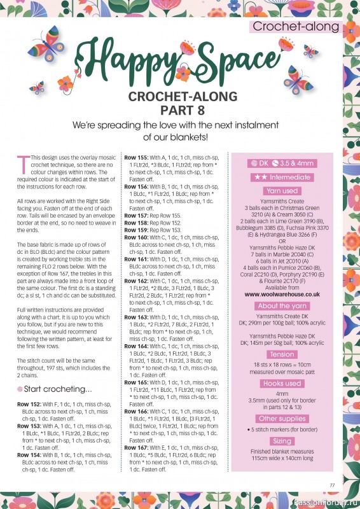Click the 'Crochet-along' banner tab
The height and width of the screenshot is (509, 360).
click(x=295, y=27)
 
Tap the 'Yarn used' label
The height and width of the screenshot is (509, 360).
click(x=282, y=190)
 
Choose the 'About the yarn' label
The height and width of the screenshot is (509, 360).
click(x=282, y=306)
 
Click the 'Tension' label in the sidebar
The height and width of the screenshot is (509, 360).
click(x=282, y=354)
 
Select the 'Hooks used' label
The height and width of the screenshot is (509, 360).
click(x=282, y=384)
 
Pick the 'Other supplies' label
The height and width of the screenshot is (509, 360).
click(x=282, y=418)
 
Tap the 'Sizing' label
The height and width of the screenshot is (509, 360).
click(x=282, y=441)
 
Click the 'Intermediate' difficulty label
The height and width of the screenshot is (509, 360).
click(x=282, y=177)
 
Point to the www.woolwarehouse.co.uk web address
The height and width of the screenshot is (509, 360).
click(x=282, y=295)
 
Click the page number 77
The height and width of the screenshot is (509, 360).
click(x=331, y=485)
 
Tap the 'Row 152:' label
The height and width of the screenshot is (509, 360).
click(x=29, y=405)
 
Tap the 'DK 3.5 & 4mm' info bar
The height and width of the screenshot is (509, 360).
click(x=282, y=164)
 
